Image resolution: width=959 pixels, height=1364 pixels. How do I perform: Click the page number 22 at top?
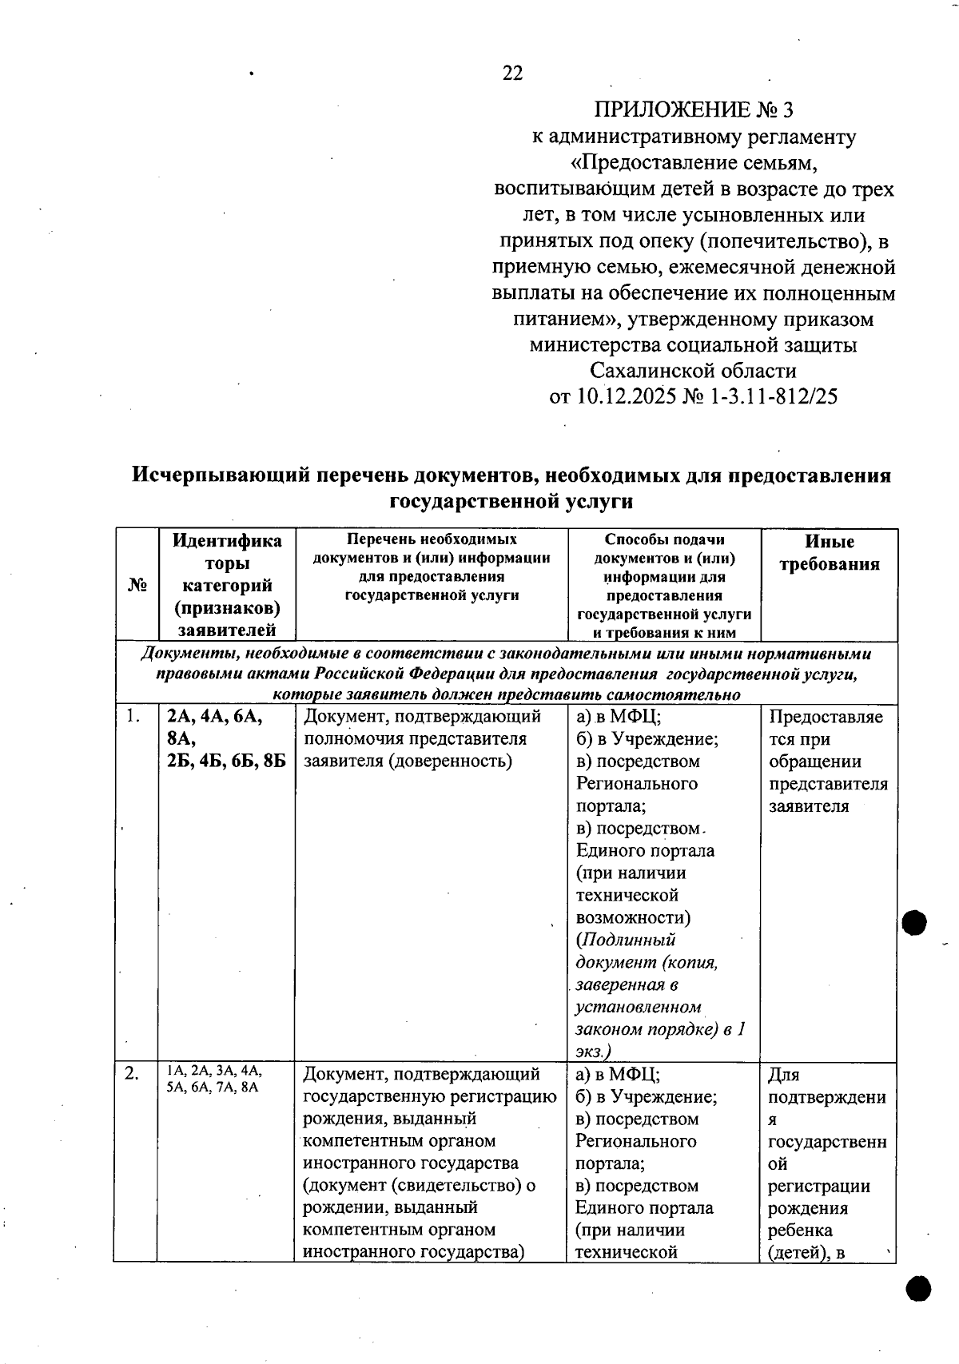click(512, 74)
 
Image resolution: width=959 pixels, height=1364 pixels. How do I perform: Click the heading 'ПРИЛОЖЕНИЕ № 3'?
click(693, 109)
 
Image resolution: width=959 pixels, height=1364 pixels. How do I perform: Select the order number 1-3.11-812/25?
click(773, 396)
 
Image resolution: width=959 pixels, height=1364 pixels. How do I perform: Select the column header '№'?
click(137, 585)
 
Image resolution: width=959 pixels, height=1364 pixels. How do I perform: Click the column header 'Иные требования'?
click(829, 553)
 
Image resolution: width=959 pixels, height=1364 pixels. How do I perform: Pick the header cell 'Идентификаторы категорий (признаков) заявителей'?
click(227, 585)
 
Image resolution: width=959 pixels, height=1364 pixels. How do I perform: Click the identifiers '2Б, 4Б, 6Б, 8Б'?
click(226, 761)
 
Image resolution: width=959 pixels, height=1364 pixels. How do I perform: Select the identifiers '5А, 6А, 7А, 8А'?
click(213, 1088)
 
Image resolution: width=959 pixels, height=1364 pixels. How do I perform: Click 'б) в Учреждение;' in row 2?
click(647, 1097)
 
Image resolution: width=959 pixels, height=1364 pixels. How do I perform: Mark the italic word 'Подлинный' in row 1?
click(628, 940)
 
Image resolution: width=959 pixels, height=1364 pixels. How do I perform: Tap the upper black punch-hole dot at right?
click(914, 923)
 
